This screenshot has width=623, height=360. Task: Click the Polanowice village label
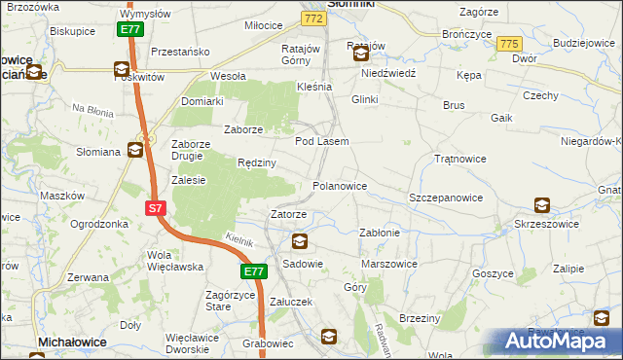click(x=339, y=185)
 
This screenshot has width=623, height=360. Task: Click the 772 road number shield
click(x=312, y=18)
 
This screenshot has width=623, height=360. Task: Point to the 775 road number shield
click(x=507, y=45)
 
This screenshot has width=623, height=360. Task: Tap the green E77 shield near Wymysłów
click(x=132, y=30)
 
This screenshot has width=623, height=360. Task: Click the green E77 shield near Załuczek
click(x=253, y=271)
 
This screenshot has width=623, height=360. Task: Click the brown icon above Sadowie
click(x=299, y=242)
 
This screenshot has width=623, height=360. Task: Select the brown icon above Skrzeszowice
click(x=541, y=205)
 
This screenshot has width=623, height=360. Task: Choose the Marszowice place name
click(x=388, y=264)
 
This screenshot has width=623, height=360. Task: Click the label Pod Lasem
click(x=321, y=141)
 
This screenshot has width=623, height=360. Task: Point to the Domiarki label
click(x=202, y=101)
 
